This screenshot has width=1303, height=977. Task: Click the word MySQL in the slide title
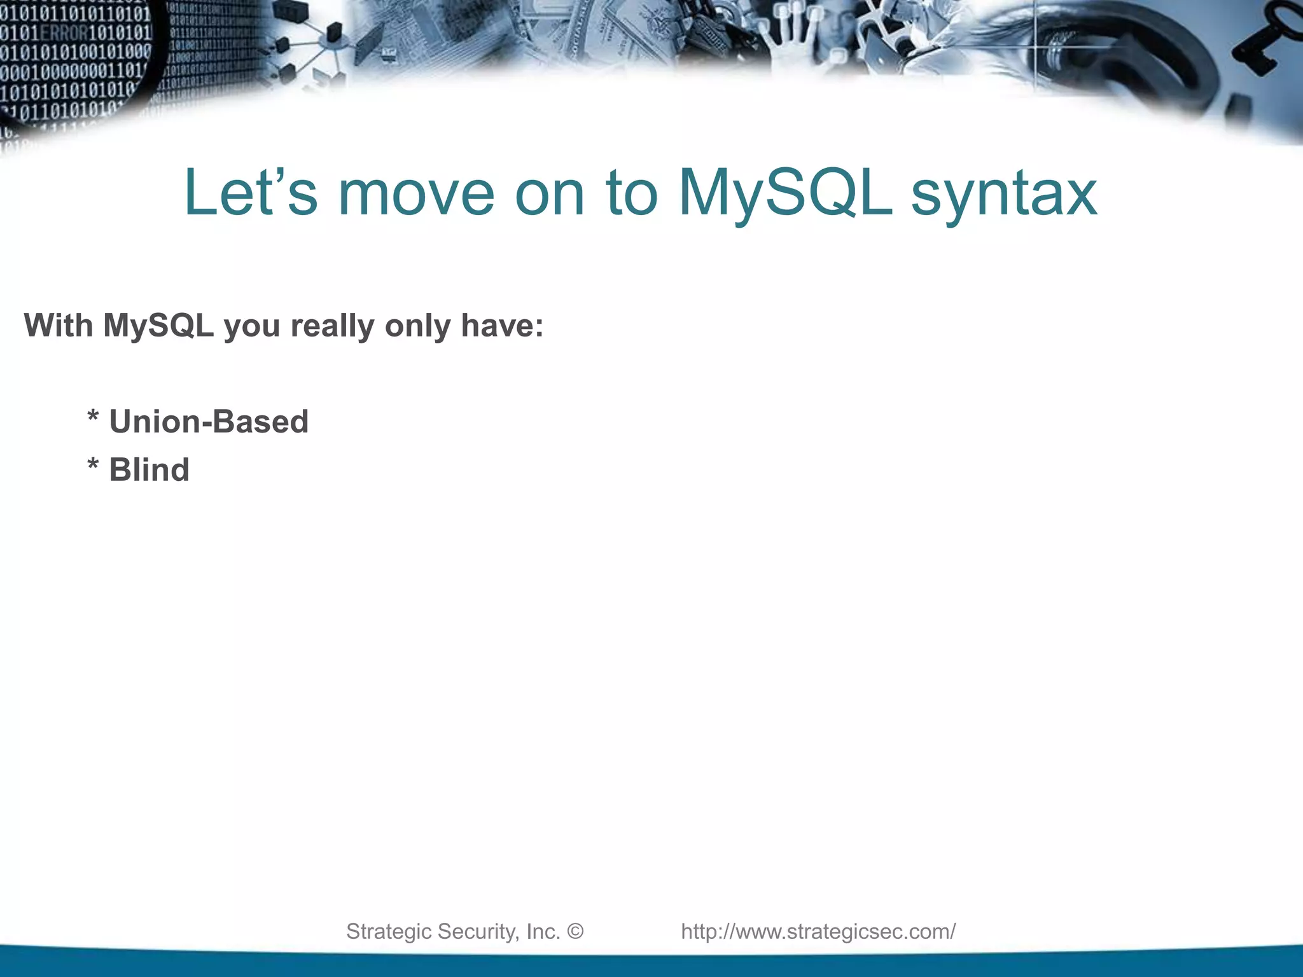click(784, 193)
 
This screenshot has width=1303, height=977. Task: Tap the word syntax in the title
click(1004, 193)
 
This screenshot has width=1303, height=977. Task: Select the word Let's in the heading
click(250, 193)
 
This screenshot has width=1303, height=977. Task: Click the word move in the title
click(416, 193)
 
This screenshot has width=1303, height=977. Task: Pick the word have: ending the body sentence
click(502, 326)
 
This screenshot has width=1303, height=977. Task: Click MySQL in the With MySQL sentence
click(158, 326)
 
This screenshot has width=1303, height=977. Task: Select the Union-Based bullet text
click(209, 422)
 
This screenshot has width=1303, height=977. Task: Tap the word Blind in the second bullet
click(149, 470)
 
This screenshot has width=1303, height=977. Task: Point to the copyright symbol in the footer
click(575, 931)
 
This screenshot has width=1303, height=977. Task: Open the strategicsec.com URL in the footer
click(818, 931)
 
